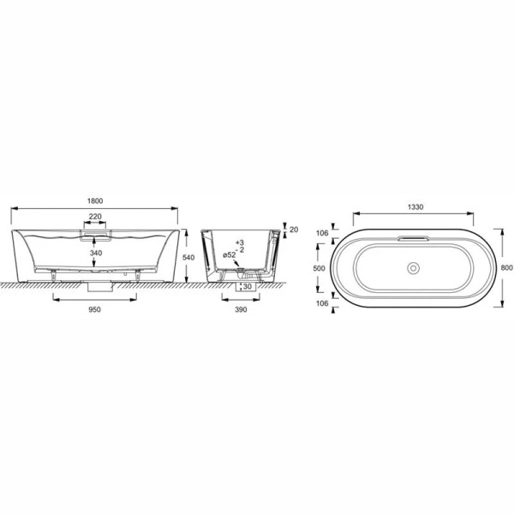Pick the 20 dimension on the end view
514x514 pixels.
coord(293,230)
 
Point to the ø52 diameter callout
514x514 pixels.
coord(229,256)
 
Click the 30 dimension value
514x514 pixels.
coord(247,287)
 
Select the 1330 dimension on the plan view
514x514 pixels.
coord(414,206)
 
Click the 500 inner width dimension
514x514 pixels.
coord(319,267)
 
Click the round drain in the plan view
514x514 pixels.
coord(415,268)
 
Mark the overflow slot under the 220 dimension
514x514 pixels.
coord(96,230)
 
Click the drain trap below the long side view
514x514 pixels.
coord(96,286)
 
